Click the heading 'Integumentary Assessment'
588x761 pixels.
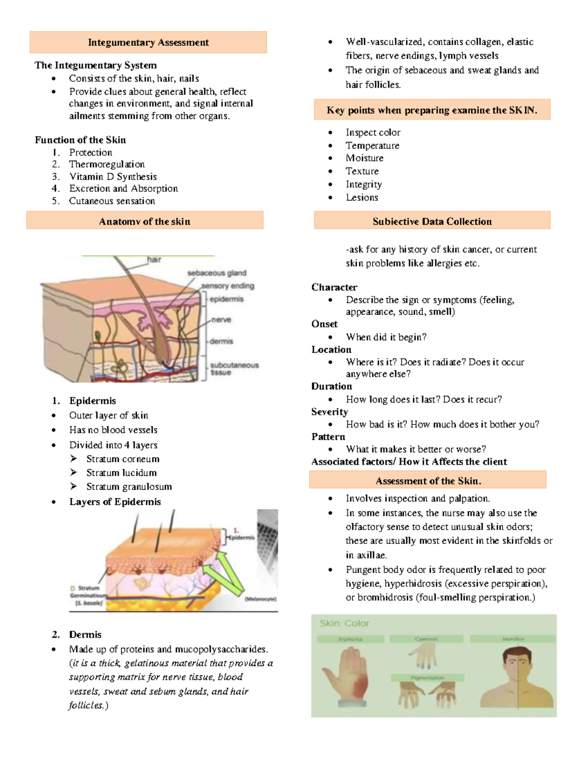click(x=148, y=43)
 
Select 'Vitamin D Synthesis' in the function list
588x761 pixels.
click(x=113, y=176)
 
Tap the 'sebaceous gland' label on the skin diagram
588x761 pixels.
click(x=217, y=273)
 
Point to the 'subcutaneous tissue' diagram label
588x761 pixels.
click(x=234, y=368)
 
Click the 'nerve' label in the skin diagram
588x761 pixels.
click(x=221, y=319)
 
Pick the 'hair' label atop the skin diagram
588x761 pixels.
click(x=154, y=260)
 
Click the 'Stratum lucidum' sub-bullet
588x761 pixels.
click(x=122, y=472)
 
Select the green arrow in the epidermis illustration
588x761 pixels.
click(x=223, y=571)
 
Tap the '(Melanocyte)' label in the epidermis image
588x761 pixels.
click(x=260, y=599)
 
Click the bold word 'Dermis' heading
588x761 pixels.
click(x=85, y=635)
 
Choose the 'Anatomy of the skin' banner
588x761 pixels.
click(x=145, y=221)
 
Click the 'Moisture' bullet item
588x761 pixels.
click(x=365, y=158)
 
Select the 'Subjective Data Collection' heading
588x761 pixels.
click(x=432, y=221)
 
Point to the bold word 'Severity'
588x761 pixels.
click(x=329, y=412)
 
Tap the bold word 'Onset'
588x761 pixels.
click(x=324, y=324)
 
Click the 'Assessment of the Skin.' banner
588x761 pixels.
click(x=428, y=481)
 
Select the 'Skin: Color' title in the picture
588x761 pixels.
click(x=344, y=623)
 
